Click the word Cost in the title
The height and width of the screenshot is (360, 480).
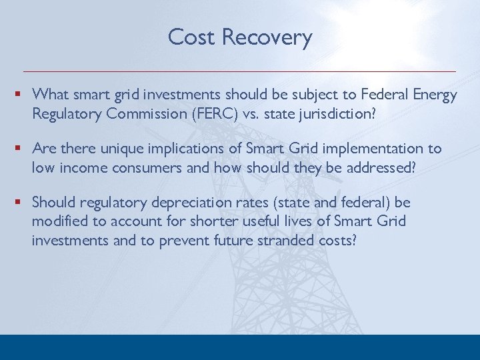pyautogui.click(x=192, y=37)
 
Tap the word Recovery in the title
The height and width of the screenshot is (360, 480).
pyautogui.click(x=267, y=37)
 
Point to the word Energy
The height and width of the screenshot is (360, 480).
pyautogui.click(x=435, y=95)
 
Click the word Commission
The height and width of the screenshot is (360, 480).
pyautogui.click(x=145, y=113)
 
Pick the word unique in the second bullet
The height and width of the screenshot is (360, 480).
pyautogui.click(x=113, y=148)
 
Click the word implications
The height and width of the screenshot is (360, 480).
pyautogui.click(x=175, y=148)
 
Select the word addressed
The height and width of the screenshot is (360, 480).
pyautogui.click(x=380, y=167)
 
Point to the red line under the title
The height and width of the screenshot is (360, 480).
pyautogui.click(x=240, y=71)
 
